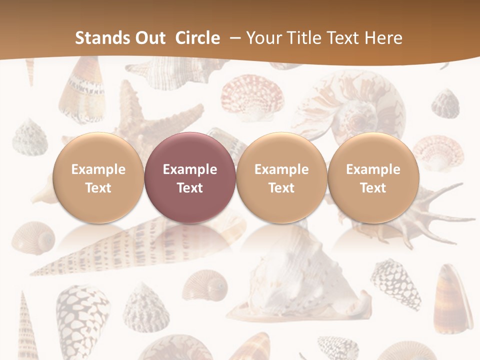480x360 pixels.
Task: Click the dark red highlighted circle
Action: (190, 177)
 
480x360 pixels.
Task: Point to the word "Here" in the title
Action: (383, 38)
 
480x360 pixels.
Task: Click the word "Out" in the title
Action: (149, 38)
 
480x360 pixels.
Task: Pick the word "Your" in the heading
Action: (263, 38)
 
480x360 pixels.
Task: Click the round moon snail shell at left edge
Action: (33, 237)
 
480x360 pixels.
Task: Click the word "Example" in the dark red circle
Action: (190, 169)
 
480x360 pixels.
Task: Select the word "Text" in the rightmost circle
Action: (373, 188)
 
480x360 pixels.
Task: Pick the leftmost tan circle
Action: (98, 177)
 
